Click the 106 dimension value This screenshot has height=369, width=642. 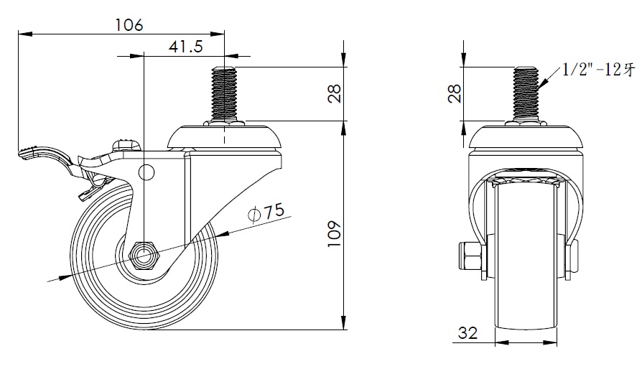[x=129, y=24]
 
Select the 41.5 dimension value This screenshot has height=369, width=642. [x=185, y=46]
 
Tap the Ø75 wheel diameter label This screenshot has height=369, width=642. [x=266, y=212]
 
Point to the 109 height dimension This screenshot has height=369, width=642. [x=335, y=233]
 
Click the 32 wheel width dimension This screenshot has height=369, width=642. [x=467, y=332]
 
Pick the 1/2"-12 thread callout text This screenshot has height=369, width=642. [x=597, y=70]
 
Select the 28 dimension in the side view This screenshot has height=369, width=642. [x=335, y=93]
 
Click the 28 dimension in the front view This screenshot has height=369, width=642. [x=455, y=93]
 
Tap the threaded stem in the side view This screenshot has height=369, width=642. [x=224, y=93]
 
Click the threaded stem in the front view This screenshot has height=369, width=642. [x=526, y=93]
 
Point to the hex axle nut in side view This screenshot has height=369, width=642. [x=144, y=256]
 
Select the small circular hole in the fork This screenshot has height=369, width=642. [x=146, y=172]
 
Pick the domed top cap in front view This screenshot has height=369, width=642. [x=526, y=137]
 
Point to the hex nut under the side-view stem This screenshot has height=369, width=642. [x=224, y=123]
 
